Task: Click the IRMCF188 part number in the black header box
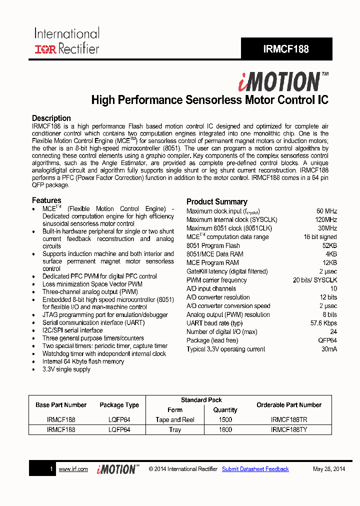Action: click(x=286, y=49)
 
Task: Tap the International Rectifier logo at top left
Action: click(x=66, y=41)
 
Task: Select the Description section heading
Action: click(x=51, y=118)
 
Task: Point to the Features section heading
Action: click(x=46, y=200)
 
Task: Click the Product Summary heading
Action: click(x=216, y=201)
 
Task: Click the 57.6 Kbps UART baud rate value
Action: click(x=323, y=323)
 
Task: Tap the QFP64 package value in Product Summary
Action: click(x=327, y=340)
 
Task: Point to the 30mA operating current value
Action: click(x=328, y=349)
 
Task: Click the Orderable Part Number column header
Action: click(x=289, y=405)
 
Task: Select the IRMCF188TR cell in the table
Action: click(x=289, y=420)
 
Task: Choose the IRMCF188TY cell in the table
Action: click(x=289, y=430)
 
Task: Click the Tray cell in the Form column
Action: click(x=175, y=430)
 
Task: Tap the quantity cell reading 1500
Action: click(x=225, y=420)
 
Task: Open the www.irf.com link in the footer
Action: click(x=73, y=469)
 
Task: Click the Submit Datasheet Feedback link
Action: click(x=255, y=469)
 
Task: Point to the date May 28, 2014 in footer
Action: click(x=328, y=469)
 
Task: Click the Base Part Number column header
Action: click(x=61, y=405)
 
